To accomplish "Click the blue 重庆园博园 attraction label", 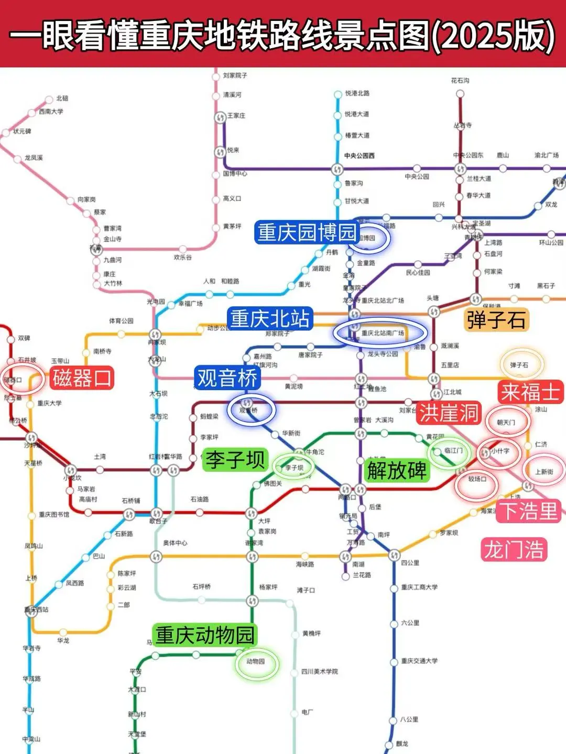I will [307, 232].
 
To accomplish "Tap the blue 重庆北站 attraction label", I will [270, 318].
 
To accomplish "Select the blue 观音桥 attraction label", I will [227, 378].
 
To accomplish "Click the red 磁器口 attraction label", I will [82, 378].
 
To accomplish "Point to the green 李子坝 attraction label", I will [235, 459].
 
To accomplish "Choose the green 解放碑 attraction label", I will [397, 470].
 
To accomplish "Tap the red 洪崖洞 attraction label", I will [449, 413].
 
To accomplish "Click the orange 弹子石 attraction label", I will [496, 319].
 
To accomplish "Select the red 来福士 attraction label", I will [530, 392].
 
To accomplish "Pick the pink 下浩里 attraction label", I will [529, 511].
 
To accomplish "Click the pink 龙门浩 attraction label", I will [514, 550].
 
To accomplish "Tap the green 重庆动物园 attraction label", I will [205, 635].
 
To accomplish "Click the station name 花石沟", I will [460, 81].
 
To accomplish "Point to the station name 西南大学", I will [51, 112].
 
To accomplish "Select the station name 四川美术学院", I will [320, 671].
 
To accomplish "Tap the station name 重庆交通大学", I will [419, 661].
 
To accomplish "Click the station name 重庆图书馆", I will [54, 515].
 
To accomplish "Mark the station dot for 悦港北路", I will [339, 95].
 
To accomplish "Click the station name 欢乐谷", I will [183, 258].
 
